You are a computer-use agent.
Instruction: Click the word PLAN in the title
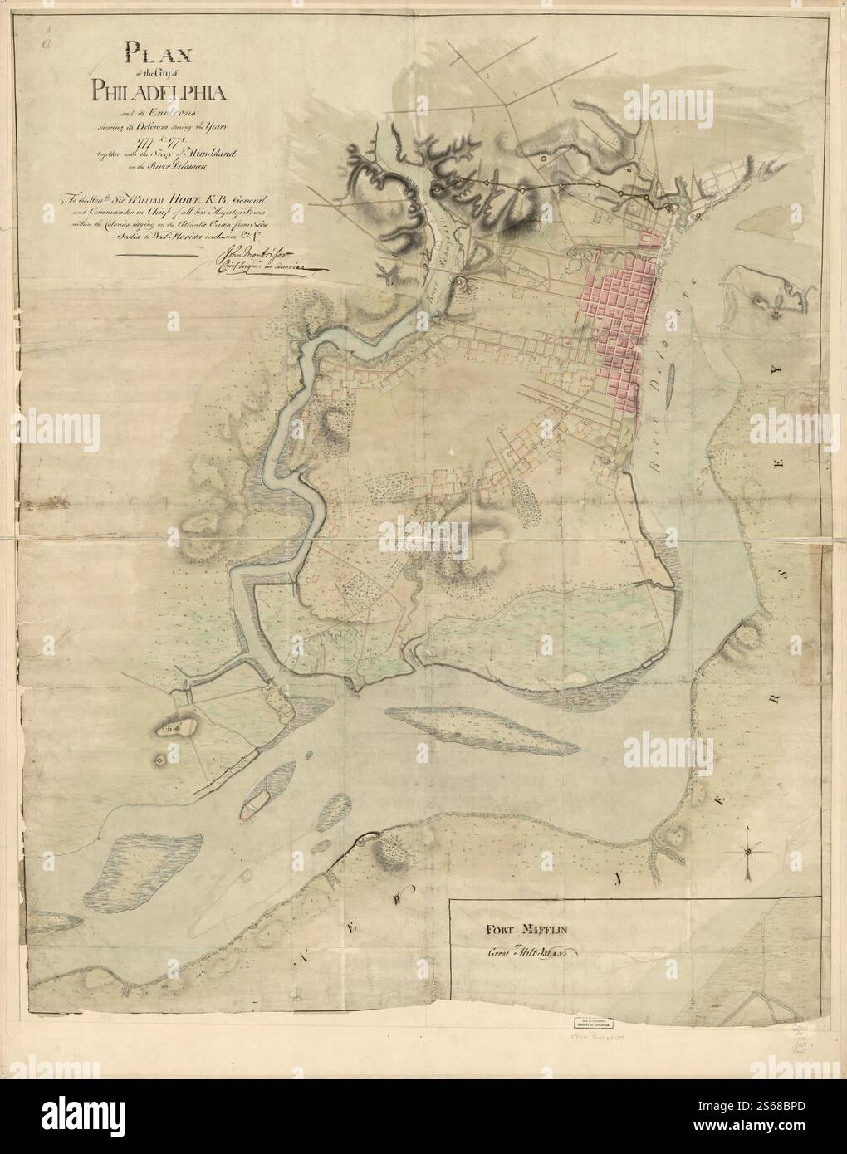tap(159, 56)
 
